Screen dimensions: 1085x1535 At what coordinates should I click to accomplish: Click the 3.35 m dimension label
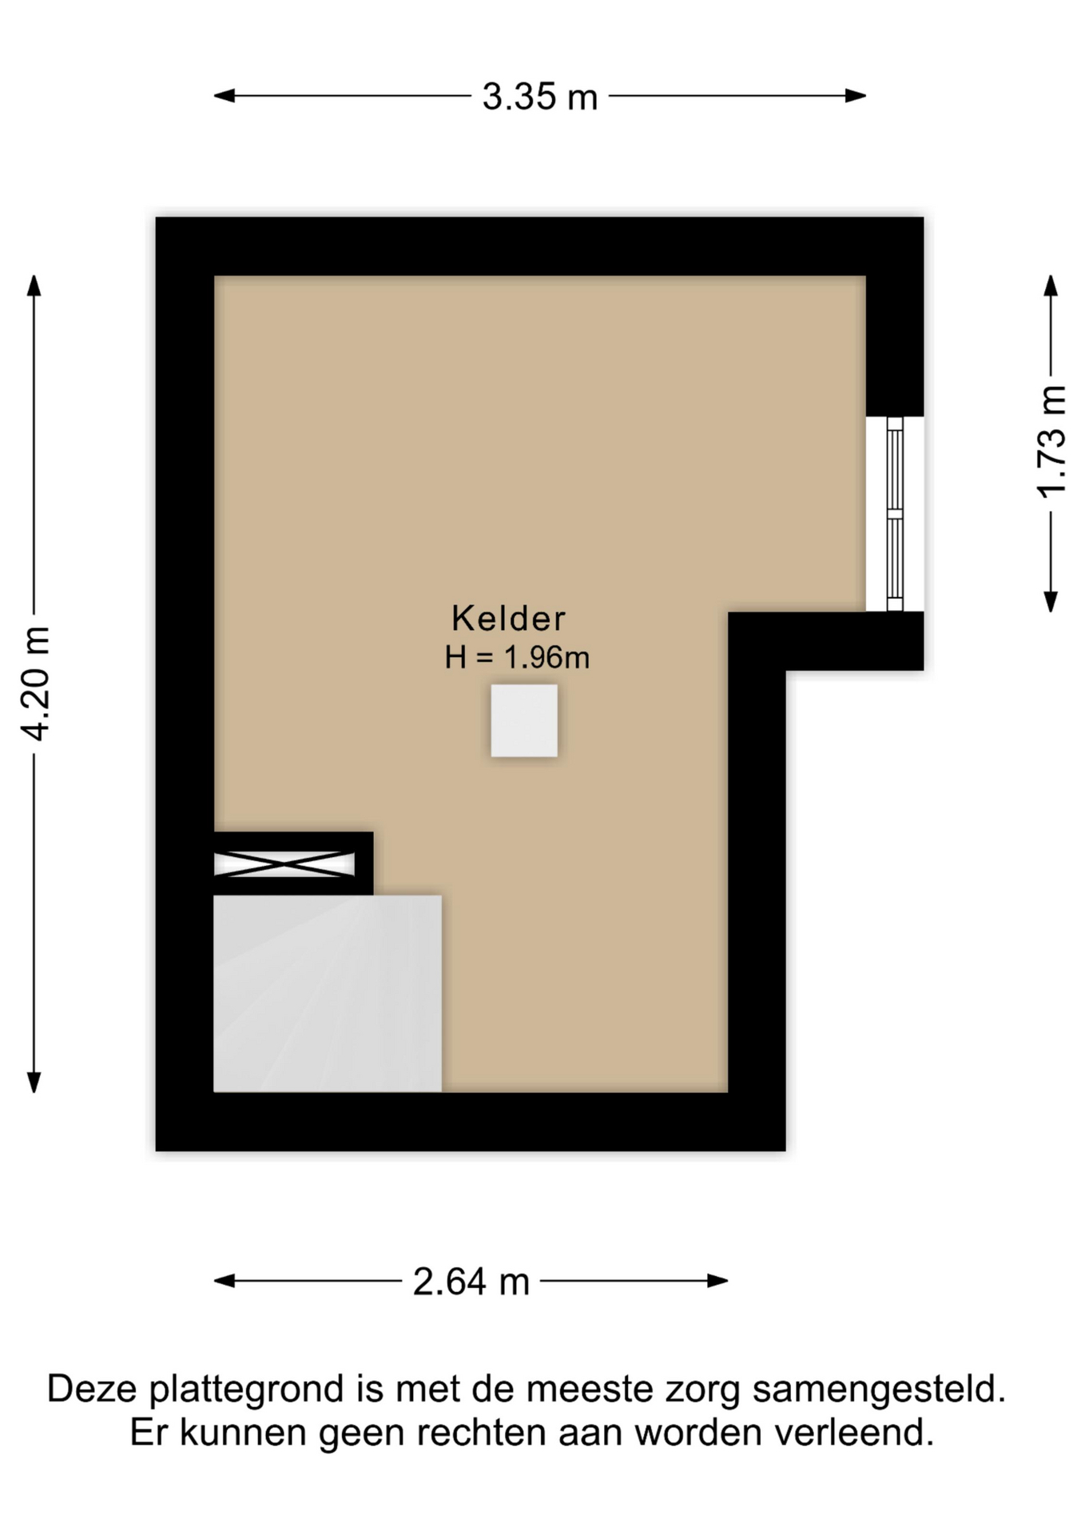tap(540, 97)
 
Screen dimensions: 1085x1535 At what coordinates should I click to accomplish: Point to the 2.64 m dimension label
tap(471, 1282)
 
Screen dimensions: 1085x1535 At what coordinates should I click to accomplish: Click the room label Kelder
tap(509, 618)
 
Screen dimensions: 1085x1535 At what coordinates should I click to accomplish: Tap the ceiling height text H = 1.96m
tap(517, 657)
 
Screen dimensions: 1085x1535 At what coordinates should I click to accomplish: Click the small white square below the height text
tap(524, 720)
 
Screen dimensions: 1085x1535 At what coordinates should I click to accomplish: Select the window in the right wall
tap(895, 514)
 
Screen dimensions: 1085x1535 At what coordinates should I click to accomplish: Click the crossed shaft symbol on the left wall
tap(284, 864)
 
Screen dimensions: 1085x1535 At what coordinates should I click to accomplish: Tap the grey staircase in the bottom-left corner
tap(328, 994)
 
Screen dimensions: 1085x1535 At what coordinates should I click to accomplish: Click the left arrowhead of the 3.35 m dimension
tap(225, 96)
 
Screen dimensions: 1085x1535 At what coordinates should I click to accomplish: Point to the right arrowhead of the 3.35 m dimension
tap(856, 96)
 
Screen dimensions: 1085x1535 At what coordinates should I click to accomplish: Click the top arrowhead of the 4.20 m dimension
tap(34, 285)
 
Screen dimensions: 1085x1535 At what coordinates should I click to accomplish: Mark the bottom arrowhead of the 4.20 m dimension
tap(34, 1082)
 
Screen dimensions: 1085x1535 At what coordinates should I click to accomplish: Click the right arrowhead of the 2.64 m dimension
tap(717, 1281)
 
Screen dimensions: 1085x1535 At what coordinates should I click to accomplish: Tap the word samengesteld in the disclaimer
tap(879, 1391)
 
